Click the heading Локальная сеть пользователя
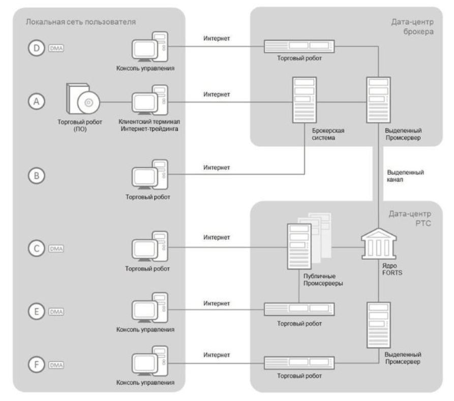pos(80,23)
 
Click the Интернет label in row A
pos(217,95)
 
